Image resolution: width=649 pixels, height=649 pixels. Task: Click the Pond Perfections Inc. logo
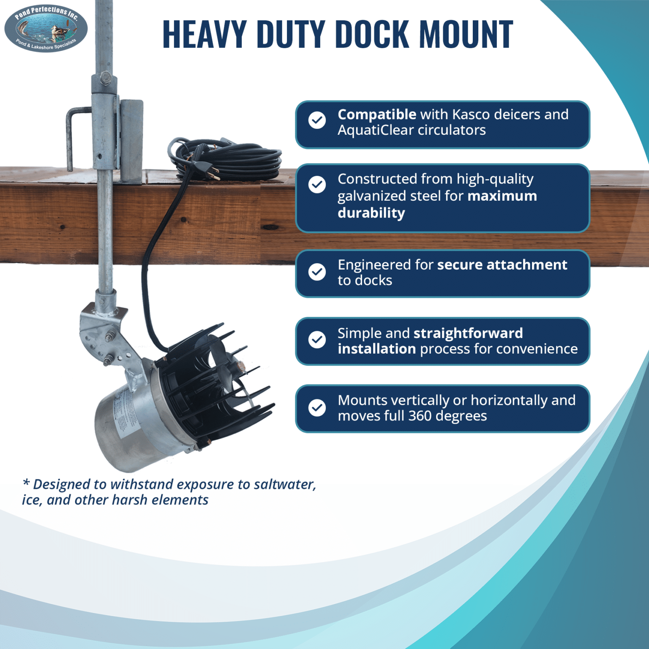[x=46, y=29]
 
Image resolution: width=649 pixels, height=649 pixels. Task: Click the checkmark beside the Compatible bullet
[x=317, y=120]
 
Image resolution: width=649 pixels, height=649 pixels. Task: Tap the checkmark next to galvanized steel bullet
[x=317, y=185]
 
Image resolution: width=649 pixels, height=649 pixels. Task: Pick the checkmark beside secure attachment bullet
[x=317, y=272]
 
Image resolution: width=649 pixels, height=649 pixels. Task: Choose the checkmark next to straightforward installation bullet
[x=317, y=339]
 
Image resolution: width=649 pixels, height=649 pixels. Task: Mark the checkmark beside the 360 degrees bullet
[x=317, y=408]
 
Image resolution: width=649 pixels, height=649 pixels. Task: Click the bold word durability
[x=371, y=213]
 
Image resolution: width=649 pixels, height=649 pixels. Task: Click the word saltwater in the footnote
[x=284, y=484]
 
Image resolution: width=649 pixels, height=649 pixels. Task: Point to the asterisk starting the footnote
[x=26, y=483]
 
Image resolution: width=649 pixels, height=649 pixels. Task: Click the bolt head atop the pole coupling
[x=105, y=78]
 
